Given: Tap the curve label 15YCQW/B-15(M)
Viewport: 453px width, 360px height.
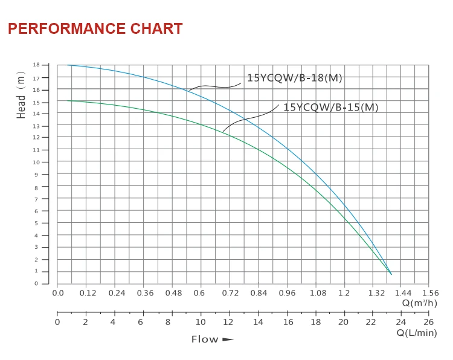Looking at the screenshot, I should point(330,108).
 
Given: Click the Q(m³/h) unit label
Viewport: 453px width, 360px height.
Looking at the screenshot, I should point(420,303).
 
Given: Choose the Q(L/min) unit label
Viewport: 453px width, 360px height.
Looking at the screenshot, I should point(417,333).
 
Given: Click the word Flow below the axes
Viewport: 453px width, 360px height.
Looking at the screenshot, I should point(205,339).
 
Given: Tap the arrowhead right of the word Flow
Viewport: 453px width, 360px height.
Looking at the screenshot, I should point(228,339).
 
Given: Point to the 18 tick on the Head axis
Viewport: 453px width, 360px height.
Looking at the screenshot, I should point(36,65).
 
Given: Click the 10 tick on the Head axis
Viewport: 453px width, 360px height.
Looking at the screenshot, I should point(36,162).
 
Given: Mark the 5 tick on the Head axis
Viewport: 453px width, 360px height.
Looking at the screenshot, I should point(36,223).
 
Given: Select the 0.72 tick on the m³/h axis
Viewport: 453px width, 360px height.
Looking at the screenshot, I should point(230,293).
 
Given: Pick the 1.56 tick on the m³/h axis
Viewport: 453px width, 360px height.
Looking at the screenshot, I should point(429,293).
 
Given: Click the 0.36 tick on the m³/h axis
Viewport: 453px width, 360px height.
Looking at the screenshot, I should point(145,293).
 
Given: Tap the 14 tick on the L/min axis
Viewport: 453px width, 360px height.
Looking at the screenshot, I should point(258,322).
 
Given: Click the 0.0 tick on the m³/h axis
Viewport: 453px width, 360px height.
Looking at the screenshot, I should point(58,293).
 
